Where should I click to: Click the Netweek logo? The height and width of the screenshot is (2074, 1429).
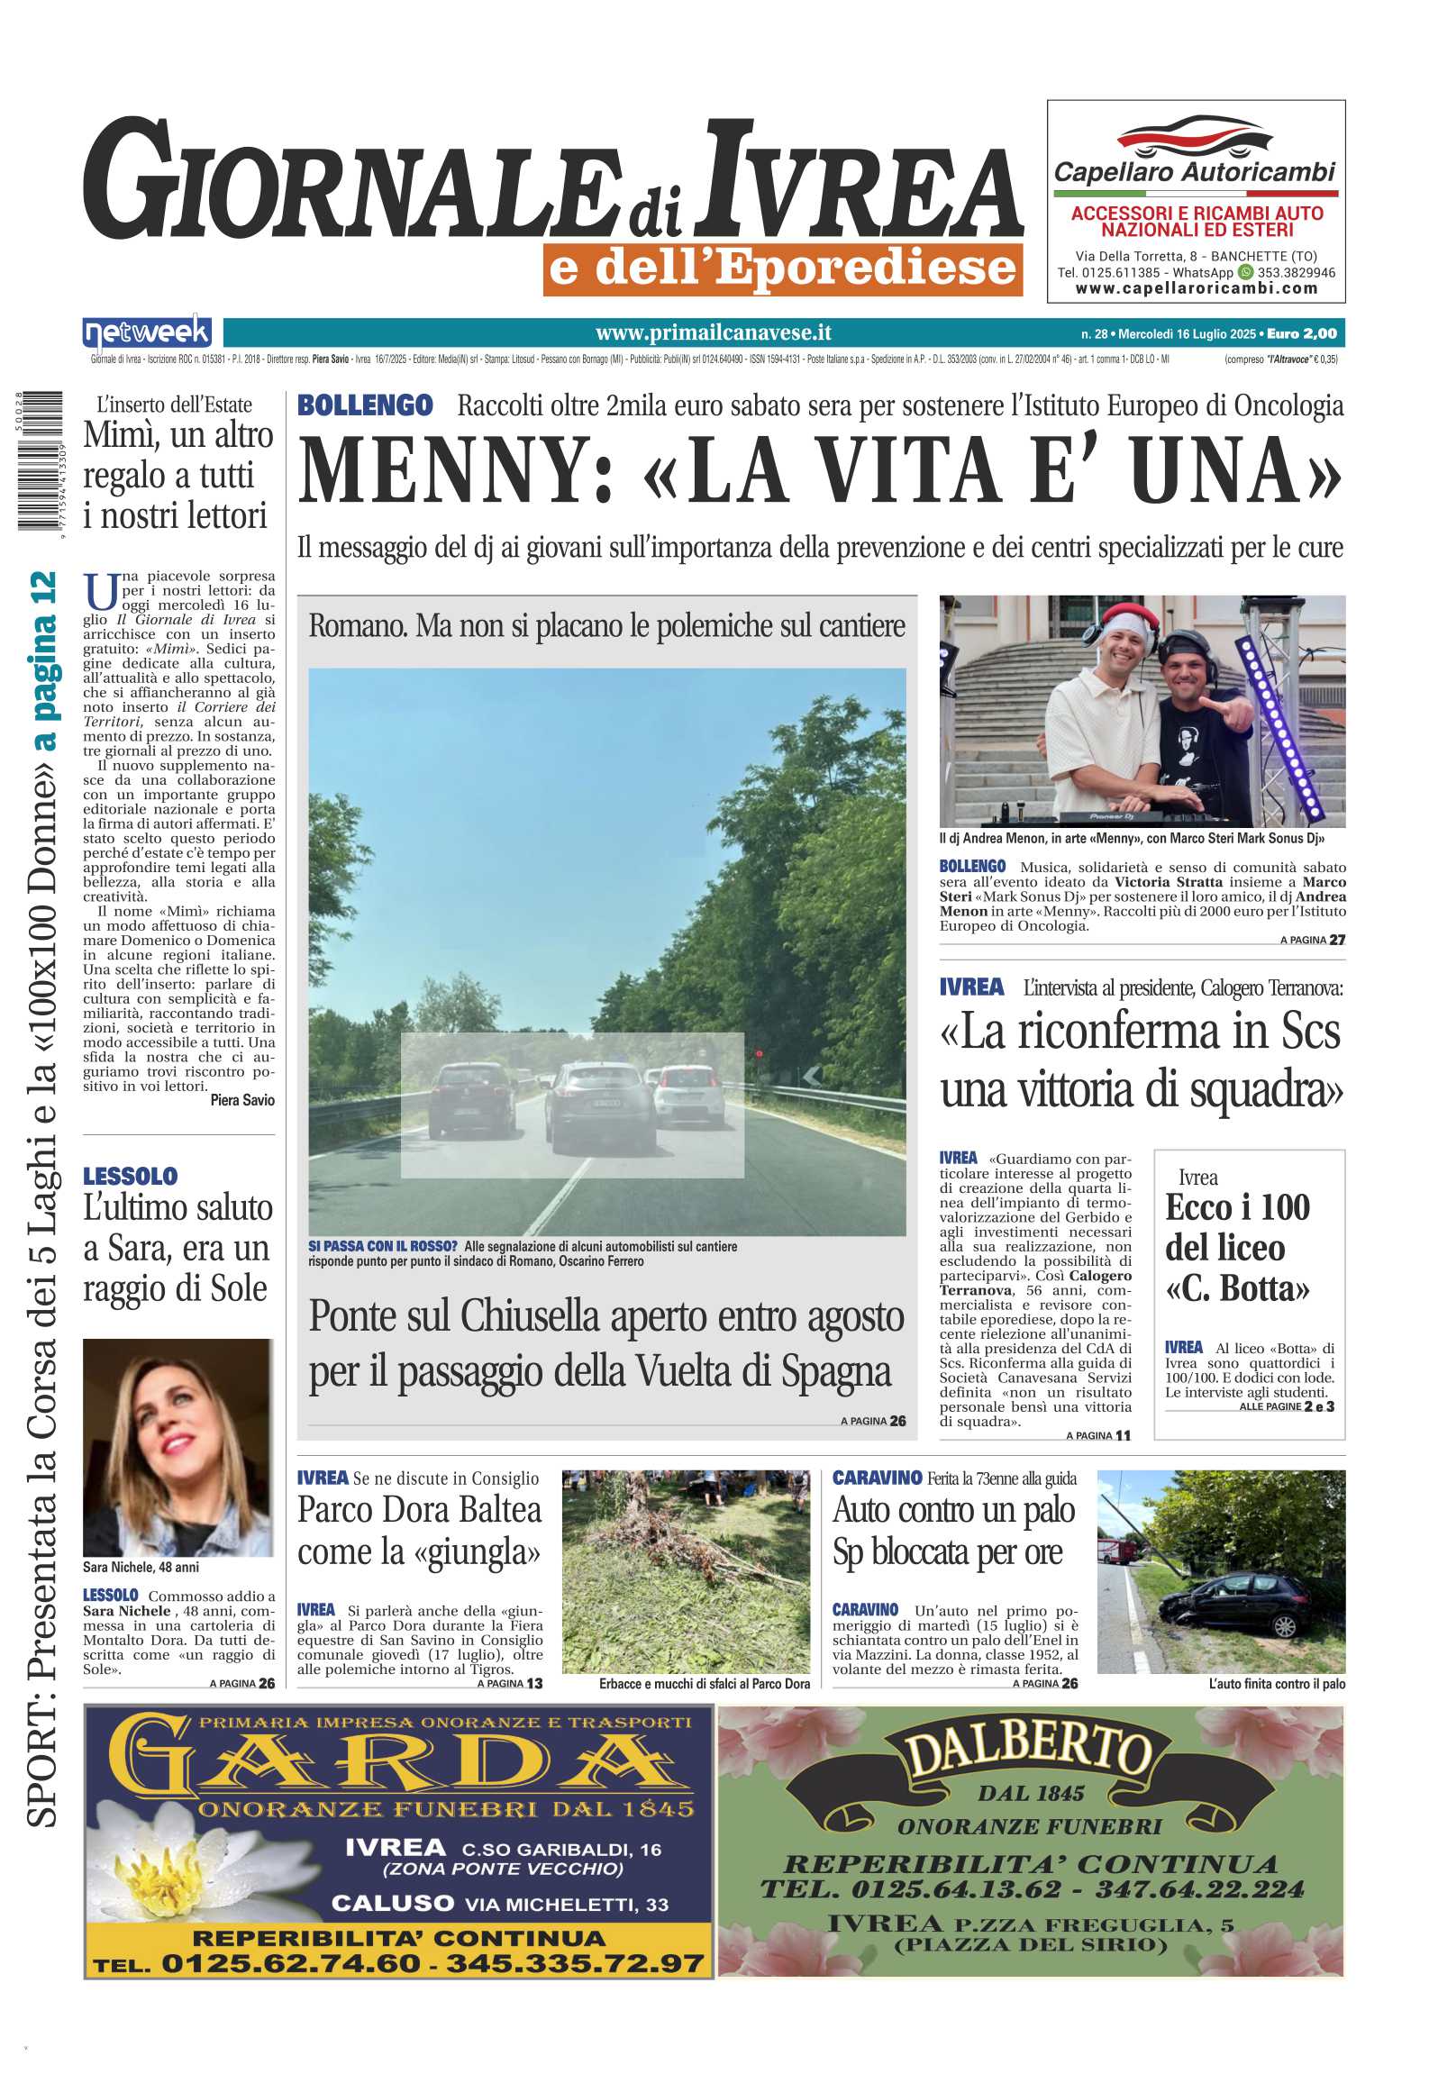click(147, 333)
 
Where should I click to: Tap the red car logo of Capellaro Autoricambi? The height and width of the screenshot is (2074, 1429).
click(1195, 136)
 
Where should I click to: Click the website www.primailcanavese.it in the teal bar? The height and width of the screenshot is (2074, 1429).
click(713, 333)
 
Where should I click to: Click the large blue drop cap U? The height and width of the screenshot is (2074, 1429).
click(100, 591)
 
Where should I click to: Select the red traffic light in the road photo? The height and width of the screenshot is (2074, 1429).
click(760, 1052)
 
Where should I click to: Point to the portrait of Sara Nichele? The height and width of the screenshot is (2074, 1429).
click(177, 1448)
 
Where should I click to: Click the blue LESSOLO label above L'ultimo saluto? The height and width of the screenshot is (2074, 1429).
click(131, 1176)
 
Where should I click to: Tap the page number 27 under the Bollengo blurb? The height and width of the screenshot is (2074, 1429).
click(1337, 940)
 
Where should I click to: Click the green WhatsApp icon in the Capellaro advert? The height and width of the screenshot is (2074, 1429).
click(1246, 271)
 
